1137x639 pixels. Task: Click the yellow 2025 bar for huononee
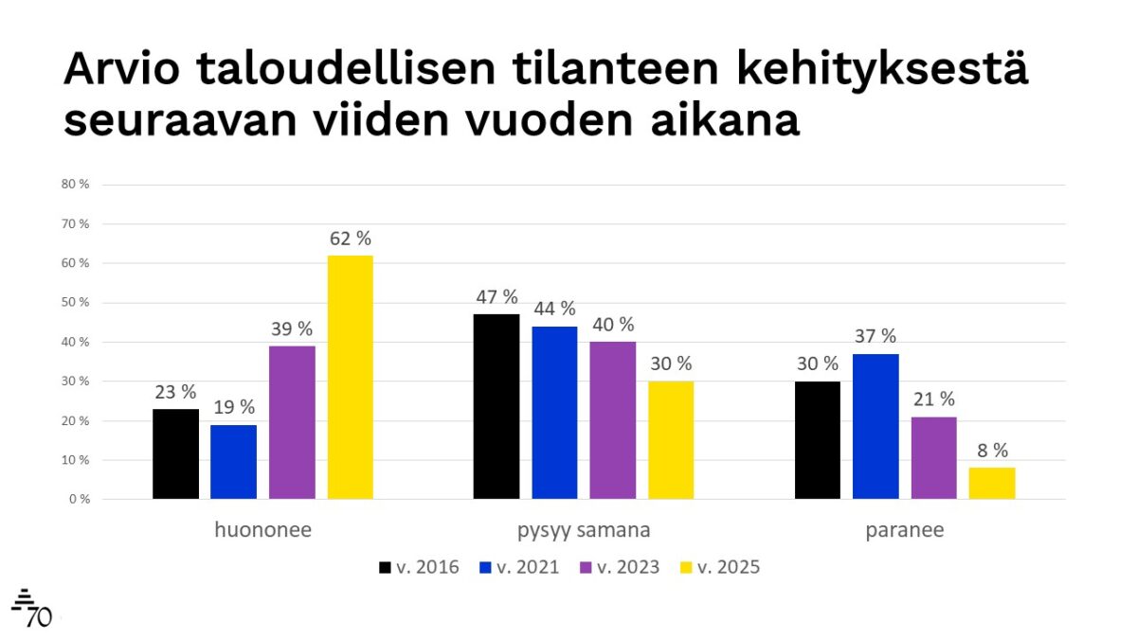tap(351, 377)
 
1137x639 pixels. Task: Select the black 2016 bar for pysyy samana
tap(496, 406)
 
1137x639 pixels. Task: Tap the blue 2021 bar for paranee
tap(875, 426)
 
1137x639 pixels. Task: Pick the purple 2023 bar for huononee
tap(292, 422)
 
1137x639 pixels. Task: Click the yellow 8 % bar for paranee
tap(992, 483)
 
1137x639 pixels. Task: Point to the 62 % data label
tap(351, 239)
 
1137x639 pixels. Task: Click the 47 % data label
tap(496, 297)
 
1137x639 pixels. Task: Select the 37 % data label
tap(875, 336)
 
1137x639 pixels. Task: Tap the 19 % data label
tap(233, 407)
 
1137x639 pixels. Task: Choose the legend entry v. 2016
tap(419, 568)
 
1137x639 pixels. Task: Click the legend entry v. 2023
tap(622, 568)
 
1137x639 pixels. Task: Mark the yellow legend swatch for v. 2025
tap(687, 568)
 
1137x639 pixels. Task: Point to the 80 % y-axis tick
tap(75, 185)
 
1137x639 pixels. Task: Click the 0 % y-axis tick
tap(78, 499)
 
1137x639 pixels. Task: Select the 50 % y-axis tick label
tap(75, 303)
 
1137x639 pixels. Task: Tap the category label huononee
tap(262, 530)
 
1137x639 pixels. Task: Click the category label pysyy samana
tap(584, 530)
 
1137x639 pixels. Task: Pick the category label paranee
tap(905, 530)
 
